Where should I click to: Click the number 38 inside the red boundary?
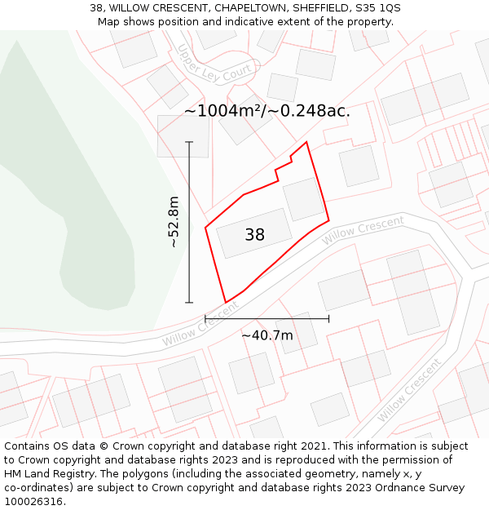click(254, 235)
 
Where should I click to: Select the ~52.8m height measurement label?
click(173, 222)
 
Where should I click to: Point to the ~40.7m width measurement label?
click(267, 335)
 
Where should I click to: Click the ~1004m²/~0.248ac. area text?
click(267, 111)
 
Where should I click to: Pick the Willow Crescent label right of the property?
click(363, 230)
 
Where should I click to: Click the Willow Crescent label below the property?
click(199, 326)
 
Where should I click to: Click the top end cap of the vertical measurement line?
click(189, 143)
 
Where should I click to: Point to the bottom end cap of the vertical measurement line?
click(189, 303)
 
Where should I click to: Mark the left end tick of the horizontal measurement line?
click(205, 318)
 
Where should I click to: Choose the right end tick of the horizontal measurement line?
click(328, 318)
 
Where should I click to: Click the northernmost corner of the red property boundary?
click(306, 143)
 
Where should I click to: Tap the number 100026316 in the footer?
click(33, 501)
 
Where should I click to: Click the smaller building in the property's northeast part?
click(304, 199)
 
